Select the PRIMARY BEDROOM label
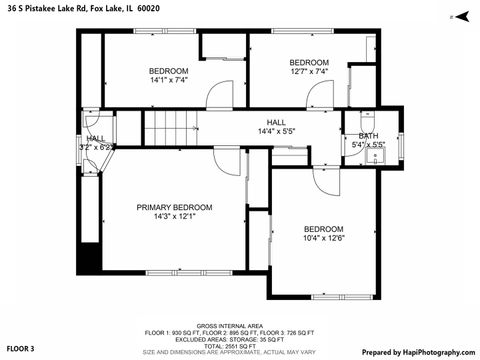click(175, 207)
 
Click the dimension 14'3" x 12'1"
click(174, 217)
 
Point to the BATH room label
click(368, 136)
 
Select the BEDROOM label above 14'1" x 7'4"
click(168, 70)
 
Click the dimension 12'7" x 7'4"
click(309, 71)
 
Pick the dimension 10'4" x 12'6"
click(323, 237)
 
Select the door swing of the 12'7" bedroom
click(319, 97)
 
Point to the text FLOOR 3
click(20, 349)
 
